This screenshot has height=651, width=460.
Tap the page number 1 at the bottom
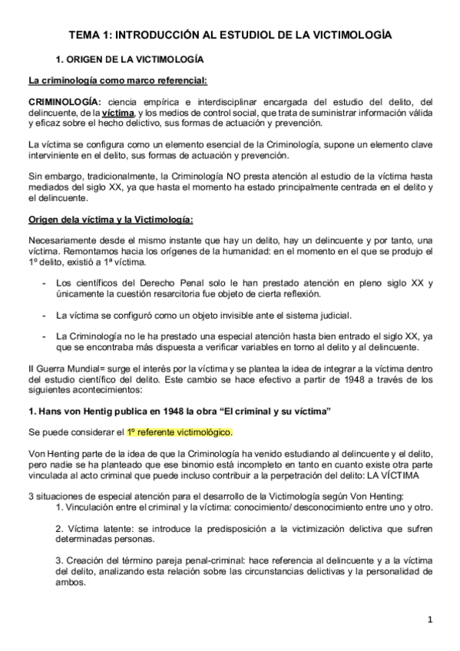(431, 619)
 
